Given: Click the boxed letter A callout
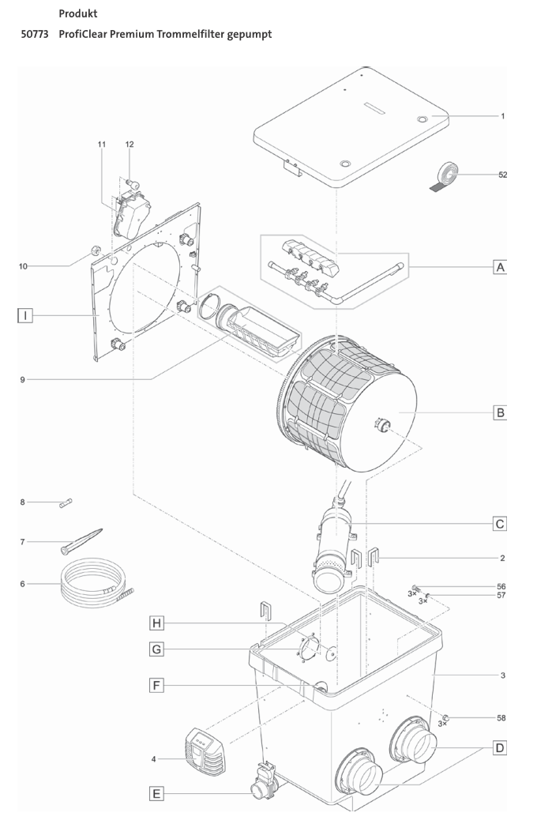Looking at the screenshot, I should pyautogui.click(x=499, y=268).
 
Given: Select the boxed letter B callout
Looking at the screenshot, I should pyautogui.click(x=499, y=412).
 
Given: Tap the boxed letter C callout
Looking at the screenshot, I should pyautogui.click(x=499, y=523).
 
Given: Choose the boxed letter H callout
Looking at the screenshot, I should pyautogui.click(x=158, y=623).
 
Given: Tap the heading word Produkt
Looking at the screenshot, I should pyautogui.click(x=78, y=13).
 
